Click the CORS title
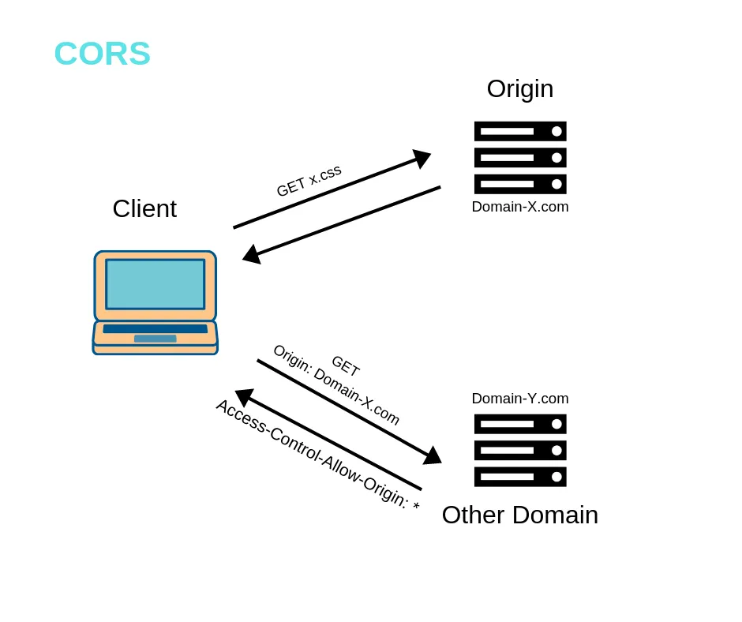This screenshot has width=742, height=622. (x=102, y=54)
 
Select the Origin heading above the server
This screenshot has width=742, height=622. (x=519, y=88)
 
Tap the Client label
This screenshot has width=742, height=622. (x=144, y=208)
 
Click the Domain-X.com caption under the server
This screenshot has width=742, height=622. (x=519, y=207)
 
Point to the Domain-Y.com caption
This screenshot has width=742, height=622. (x=519, y=399)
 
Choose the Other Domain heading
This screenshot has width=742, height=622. (x=519, y=515)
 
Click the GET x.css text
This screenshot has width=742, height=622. (x=309, y=181)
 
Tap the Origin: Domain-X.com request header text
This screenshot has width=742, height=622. (x=336, y=385)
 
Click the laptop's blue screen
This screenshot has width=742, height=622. (x=156, y=284)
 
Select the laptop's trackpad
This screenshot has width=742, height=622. (x=155, y=339)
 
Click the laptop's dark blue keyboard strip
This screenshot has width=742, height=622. (x=155, y=328)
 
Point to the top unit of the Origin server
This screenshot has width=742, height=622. (x=519, y=131)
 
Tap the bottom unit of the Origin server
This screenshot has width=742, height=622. (x=519, y=184)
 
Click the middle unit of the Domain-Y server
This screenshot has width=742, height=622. (x=519, y=451)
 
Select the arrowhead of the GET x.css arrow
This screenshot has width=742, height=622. (x=423, y=158)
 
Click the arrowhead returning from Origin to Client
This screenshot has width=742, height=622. (x=250, y=254)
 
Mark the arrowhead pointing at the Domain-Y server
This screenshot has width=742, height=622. (x=433, y=456)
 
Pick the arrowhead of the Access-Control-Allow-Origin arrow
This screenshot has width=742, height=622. (x=243, y=396)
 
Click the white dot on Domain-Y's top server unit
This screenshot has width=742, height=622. (x=556, y=424)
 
